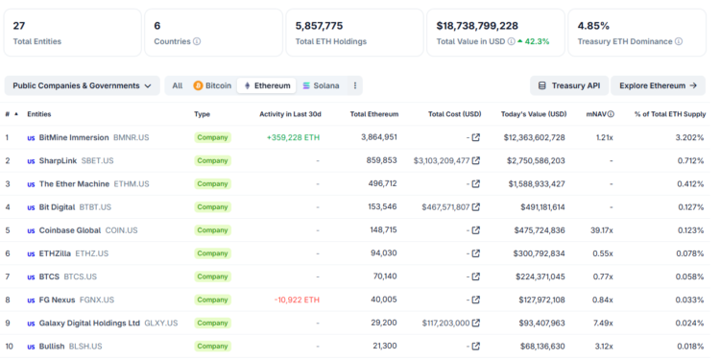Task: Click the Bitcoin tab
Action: pyautogui.click(x=212, y=85)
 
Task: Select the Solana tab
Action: pyautogui.click(x=321, y=85)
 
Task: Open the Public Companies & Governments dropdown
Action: pyautogui.click(x=82, y=85)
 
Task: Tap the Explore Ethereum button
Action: pyautogui.click(x=658, y=85)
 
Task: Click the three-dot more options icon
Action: pyautogui.click(x=356, y=85)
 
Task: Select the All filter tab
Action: pyautogui.click(x=177, y=85)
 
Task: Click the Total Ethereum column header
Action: pyautogui.click(x=373, y=114)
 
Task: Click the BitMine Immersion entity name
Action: pyautogui.click(x=74, y=137)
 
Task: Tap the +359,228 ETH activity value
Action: pyautogui.click(x=293, y=137)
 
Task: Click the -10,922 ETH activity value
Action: pyautogui.click(x=297, y=300)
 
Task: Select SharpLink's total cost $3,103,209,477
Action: pyautogui.click(x=442, y=160)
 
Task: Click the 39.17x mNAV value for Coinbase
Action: pyautogui.click(x=602, y=230)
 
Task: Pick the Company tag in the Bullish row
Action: pyautogui.click(x=212, y=346)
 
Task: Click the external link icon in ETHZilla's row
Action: pyautogui.click(x=475, y=253)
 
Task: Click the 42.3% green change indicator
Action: pyautogui.click(x=535, y=41)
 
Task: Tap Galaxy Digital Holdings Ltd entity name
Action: pyautogui.click(x=89, y=323)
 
